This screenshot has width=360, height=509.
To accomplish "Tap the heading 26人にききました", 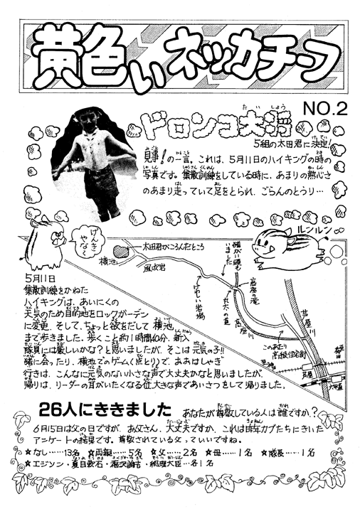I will [105, 410].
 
